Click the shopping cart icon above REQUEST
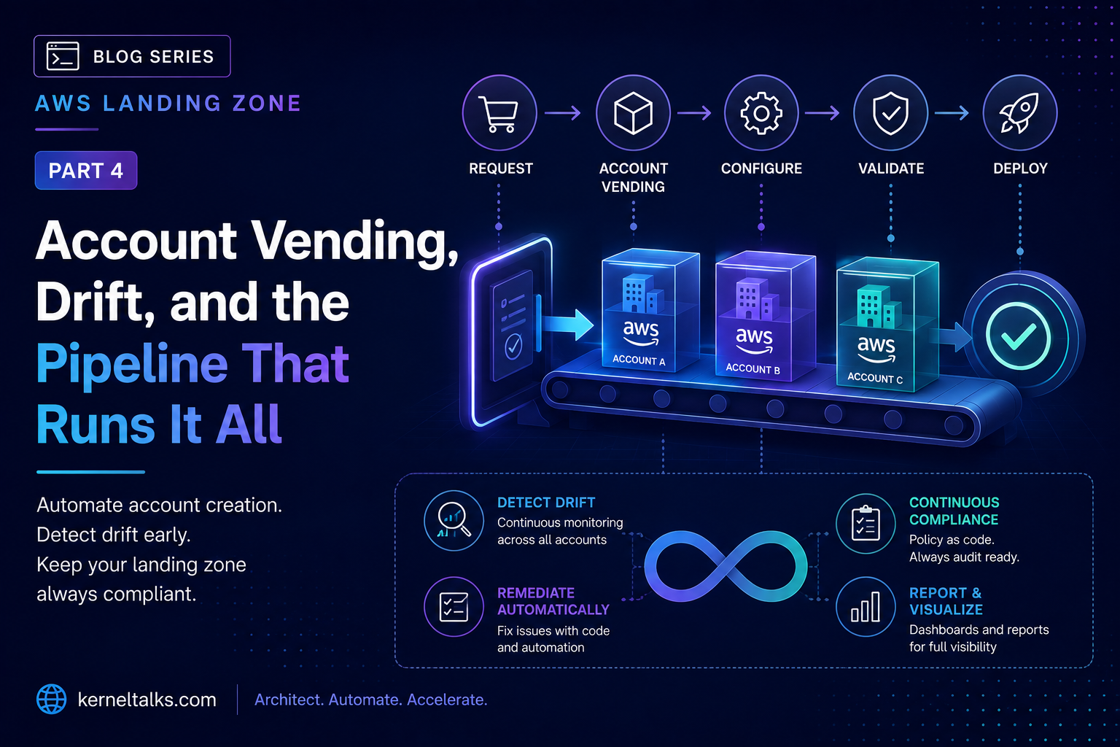click(499, 114)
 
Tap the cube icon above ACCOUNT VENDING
click(633, 113)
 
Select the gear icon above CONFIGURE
click(761, 114)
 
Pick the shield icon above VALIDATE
click(890, 114)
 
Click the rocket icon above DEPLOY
click(1019, 113)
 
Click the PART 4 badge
click(86, 170)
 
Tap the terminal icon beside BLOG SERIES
click(63, 56)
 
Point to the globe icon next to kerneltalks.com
click(52, 699)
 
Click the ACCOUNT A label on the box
click(639, 360)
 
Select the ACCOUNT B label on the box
click(752, 368)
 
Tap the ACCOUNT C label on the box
click(875, 378)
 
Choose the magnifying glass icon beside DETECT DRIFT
click(454, 520)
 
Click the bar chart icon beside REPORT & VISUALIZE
click(865, 606)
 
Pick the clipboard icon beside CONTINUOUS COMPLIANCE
click(866, 523)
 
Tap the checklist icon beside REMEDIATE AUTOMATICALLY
click(454, 606)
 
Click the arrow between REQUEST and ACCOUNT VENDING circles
click(563, 113)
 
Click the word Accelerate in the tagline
click(447, 700)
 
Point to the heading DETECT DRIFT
click(546, 503)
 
